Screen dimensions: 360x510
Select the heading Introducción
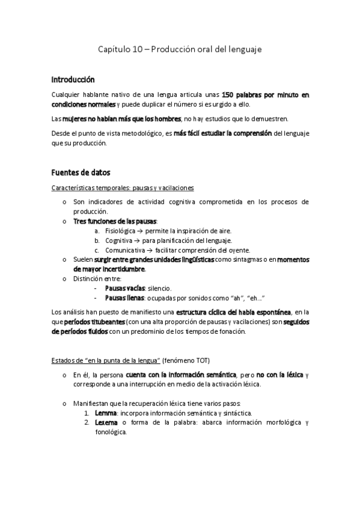tap(73, 79)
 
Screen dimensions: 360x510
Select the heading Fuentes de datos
tap(79, 173)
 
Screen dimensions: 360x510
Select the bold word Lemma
tap(106, 413)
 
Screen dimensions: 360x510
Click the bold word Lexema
tap(107, 423)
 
